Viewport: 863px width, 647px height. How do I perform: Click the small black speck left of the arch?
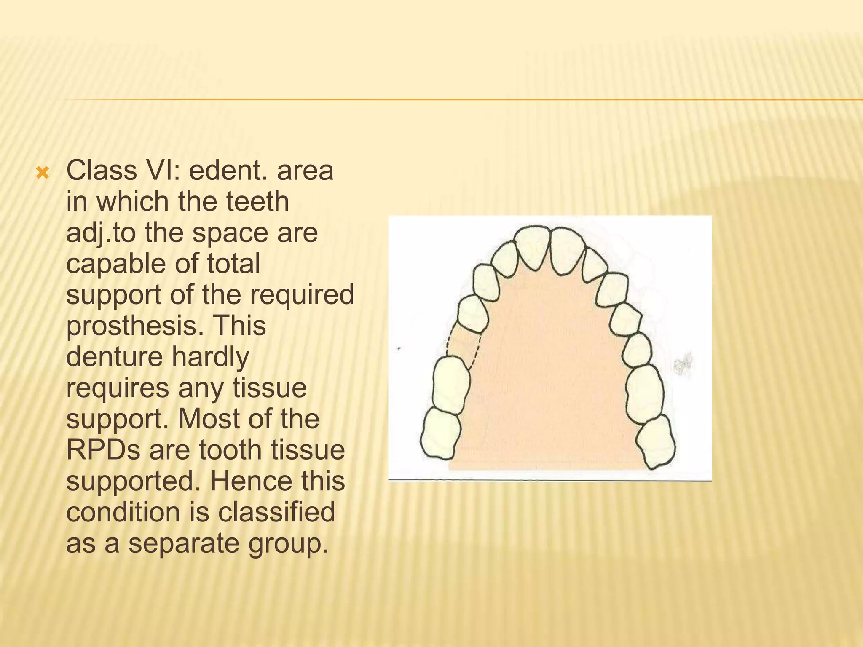[x=399, y=349]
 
